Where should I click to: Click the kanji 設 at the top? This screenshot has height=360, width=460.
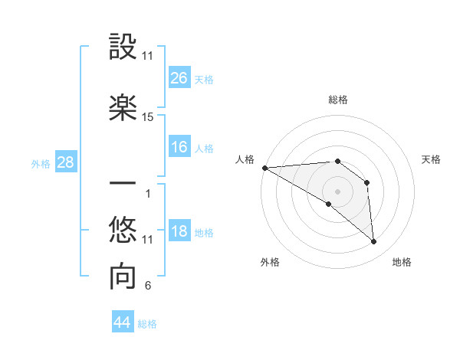tap(123, 47)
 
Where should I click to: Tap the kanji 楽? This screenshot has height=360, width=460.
tap(123, 108)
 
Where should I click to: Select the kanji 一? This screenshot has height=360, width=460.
tap(123, 185)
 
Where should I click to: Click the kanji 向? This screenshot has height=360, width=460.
tap(123, 278)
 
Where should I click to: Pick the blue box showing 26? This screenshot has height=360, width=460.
tap(179, 78)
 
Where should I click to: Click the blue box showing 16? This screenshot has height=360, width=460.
tap(179, 148)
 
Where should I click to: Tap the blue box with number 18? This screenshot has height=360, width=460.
tap(179, 232)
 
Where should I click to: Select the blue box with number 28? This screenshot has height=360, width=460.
tap(65, 162)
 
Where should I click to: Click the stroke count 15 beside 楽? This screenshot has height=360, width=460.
tap(148, 117)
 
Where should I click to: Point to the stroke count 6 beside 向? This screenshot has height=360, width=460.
tap(148, 286)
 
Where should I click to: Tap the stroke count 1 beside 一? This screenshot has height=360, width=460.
tap(148, 193)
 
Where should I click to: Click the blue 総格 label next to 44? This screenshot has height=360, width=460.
tap(148, 324)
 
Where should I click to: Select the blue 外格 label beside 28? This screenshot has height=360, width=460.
tap(41, 163)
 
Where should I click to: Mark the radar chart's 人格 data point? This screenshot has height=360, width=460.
tap(264, 168)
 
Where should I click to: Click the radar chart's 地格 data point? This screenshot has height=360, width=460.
tap(374, 242)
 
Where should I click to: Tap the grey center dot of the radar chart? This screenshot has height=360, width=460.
tap(337, 191)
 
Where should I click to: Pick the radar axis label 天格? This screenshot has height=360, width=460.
tap(432, 159)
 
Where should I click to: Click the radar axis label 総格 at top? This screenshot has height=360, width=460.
tap(337, 100)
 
